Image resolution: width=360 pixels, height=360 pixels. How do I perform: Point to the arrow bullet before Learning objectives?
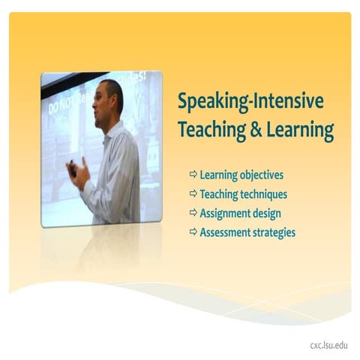click(193, 175)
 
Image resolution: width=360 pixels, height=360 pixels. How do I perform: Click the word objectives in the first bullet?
click(261, 175)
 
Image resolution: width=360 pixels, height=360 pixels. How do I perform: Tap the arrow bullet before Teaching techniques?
click(193, 194)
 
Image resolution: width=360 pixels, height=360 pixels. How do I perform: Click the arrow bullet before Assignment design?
click(193, 213)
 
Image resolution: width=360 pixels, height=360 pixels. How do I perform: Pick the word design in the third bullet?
click(267, 214)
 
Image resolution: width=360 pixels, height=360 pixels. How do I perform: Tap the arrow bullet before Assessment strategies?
click(193, 232)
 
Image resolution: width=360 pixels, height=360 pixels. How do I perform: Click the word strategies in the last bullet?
click(274, 233)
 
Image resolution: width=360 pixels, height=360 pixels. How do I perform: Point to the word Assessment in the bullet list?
click(224, 232)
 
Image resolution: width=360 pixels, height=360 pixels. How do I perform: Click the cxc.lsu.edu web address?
click(329, 346)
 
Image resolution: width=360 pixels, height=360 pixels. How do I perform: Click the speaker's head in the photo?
click(109, 97)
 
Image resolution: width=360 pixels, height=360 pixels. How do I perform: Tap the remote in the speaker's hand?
click(72, 169)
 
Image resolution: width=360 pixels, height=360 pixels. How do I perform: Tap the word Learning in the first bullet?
click(218, 175)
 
